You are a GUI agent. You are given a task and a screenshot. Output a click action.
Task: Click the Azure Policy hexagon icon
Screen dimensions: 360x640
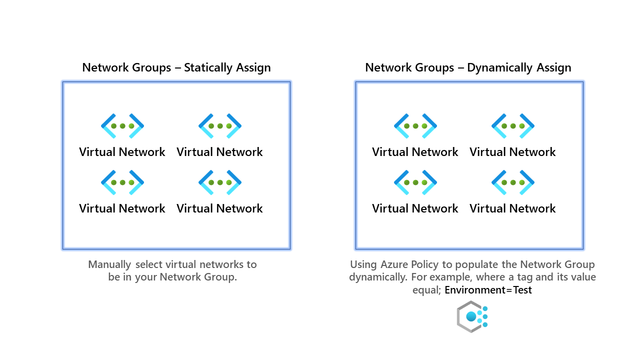[471, 316]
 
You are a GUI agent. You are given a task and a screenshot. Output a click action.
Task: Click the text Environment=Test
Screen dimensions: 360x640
[488, 290]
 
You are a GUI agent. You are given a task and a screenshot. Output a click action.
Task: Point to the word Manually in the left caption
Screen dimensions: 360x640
[110, 264]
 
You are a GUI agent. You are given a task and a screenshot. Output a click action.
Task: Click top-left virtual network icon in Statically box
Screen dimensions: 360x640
[122, 126]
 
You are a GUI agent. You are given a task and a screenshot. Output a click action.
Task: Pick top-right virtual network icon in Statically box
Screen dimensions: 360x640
[220, 126]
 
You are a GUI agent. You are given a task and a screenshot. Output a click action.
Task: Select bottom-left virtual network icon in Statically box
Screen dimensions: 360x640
[122, 182]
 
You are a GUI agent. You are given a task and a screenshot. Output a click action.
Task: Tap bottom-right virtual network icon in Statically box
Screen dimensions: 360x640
[220, 182]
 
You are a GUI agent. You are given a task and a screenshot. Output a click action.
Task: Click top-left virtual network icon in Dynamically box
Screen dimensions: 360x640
[415, 126]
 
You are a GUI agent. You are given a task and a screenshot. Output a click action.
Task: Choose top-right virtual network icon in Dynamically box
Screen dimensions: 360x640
[513, 126]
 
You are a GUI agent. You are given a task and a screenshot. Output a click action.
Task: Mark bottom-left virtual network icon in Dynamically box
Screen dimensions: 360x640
[415, 182]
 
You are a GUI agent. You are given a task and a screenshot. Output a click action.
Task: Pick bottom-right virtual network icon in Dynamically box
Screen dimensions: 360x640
[513, 182]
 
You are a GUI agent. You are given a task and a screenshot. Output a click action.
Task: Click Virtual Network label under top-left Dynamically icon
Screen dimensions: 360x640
[415, 152]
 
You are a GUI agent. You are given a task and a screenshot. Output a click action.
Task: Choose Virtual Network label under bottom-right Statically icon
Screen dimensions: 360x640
[219, 208]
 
